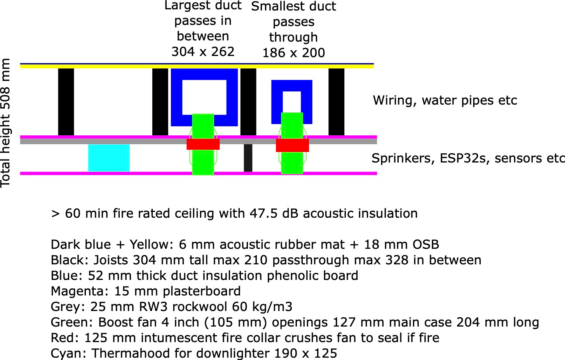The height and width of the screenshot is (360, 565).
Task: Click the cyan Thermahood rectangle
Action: (109, 158)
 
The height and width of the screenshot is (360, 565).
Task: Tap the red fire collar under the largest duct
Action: (203, 144)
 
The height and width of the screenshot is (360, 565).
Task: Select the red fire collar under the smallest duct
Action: (292, 145)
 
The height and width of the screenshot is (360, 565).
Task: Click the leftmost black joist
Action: (66, 102)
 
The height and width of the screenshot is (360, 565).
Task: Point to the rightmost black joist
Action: (336, 102)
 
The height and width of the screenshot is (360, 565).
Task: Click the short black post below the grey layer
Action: (248, 158)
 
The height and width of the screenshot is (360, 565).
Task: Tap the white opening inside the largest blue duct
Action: (204, 97)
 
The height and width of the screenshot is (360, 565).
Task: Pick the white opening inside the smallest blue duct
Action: (292, 102)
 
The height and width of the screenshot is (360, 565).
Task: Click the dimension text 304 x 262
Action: (203, 52)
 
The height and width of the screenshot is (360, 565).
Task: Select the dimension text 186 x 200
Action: (294, 53)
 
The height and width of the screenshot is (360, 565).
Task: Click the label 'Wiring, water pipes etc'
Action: (445, 100)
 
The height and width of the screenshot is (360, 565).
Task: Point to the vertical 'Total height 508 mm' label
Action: (5, 123)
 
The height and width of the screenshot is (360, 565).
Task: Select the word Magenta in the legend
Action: (79, 291)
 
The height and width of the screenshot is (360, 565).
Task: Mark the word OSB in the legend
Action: (426, 245)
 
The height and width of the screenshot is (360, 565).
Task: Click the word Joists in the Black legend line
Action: (111, 260)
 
